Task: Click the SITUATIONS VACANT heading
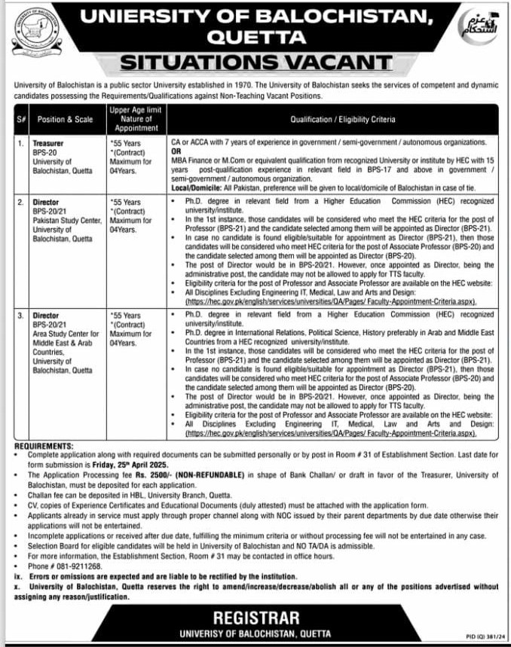pyautogui.click(x=256, y=62)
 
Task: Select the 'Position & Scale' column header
pyautogui.click(x=66, y=120)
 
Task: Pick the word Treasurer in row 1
pyautogui.click(x=47, y=142)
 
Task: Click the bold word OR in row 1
pyautogui.click(x=176, y=151)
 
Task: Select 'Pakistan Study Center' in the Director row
pyautogui.click(x=66, y=223)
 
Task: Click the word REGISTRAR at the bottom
pyautogui.click(x=255, y=619)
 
